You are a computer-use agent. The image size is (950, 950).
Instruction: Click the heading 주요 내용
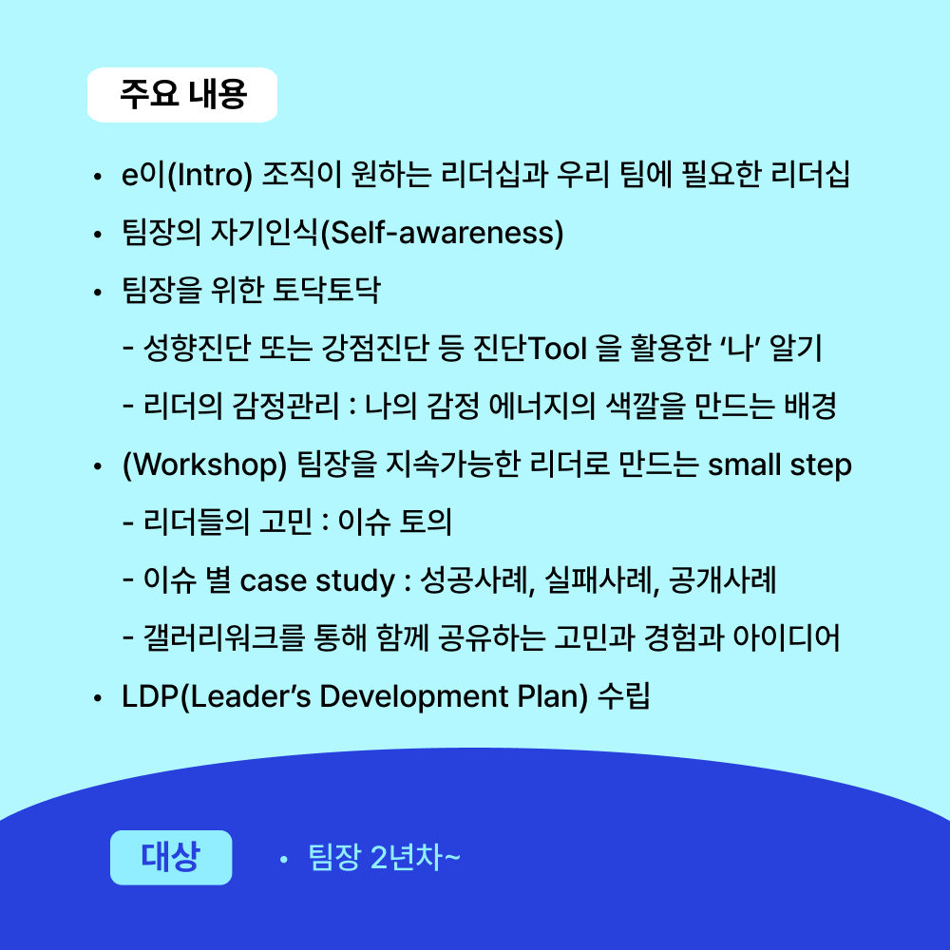click(183, 94)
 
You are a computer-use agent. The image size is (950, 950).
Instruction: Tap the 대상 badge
click(171, 857)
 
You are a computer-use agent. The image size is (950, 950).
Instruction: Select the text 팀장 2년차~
click(384, 857)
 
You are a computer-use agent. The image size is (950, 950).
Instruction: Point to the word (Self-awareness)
click(442, 234)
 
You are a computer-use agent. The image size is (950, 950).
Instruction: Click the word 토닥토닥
click(327, 290)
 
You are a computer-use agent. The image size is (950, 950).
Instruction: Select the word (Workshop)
click(205, 465)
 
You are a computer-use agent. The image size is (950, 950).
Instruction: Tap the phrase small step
click(780, 465)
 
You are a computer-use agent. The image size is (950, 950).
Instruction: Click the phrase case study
click(317, 581)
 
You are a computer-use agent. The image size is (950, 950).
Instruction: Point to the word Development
click(414, 696)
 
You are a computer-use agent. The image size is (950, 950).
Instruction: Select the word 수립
click(624, 696)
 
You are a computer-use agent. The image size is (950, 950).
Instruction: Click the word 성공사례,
click(478, 580)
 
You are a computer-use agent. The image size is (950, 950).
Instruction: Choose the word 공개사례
click(722, 579)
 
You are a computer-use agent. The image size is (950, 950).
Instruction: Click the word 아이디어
click(787, 638)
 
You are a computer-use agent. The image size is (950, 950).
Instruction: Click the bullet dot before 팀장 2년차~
click(283, 860)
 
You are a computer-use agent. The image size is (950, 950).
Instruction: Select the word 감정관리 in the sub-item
click(286, 406)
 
